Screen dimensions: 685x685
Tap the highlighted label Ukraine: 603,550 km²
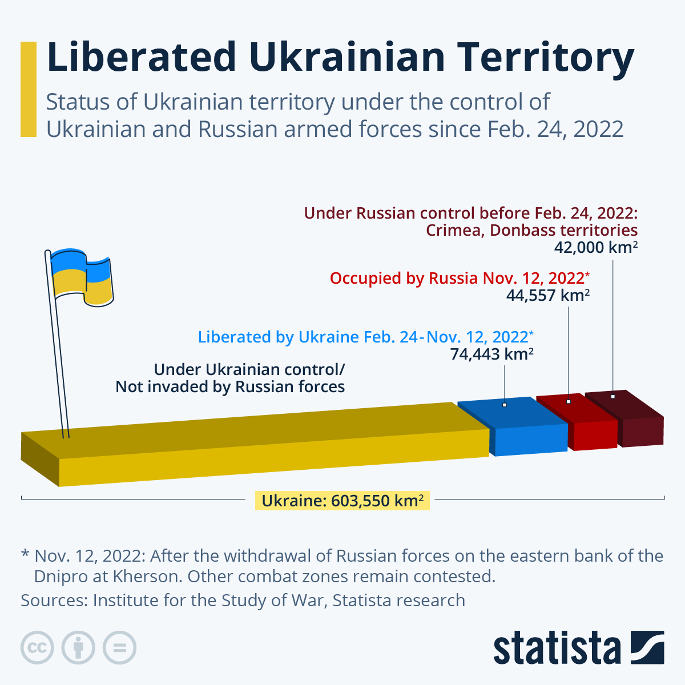pos(342,501)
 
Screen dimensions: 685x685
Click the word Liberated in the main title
pos(141,57)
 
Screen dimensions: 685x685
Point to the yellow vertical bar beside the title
pos(28,89)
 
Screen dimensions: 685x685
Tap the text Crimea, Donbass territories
pos(531,230)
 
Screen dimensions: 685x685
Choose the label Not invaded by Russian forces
pos(230,386)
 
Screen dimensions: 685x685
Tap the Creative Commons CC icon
pos(37,648)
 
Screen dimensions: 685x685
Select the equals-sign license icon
pos(119,648)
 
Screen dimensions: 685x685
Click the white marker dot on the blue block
pos(505,405)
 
